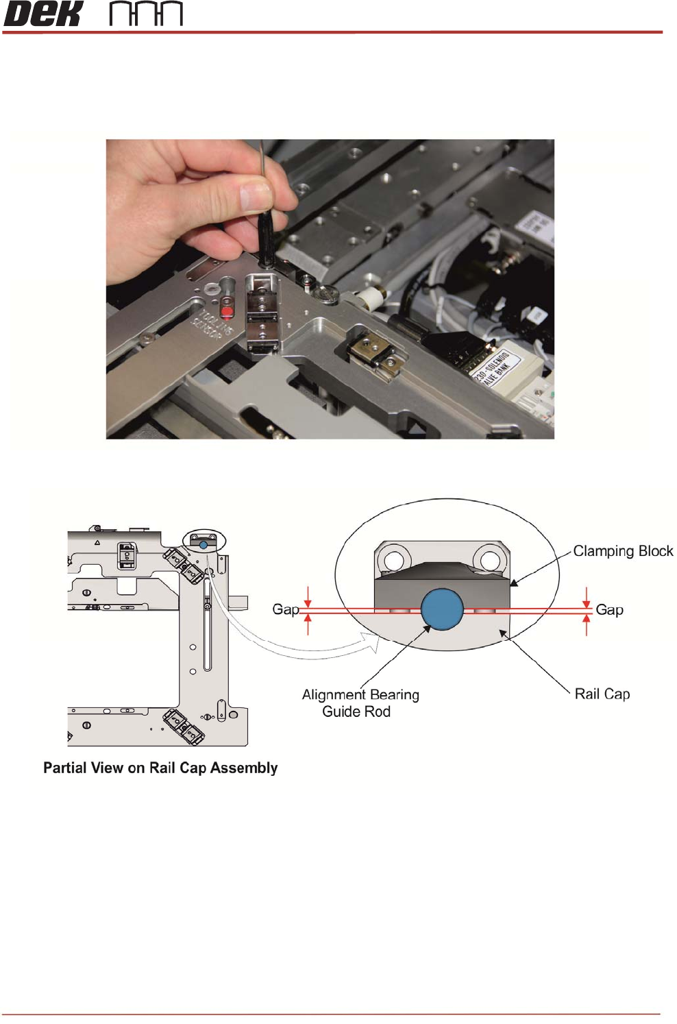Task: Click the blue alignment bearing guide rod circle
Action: (x=442, y=609)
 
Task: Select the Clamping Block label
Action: (x=622, y=551)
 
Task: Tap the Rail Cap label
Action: (x=602, y=694)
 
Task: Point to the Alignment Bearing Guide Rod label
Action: (x=360, y=703)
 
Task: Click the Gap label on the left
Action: (x=285, y=609)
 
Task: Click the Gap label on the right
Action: (x=609, y=609)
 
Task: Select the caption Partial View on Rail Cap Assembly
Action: (x=160, y=768)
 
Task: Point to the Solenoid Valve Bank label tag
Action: (x=491, y=367)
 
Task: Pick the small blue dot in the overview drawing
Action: (x=204, y=544)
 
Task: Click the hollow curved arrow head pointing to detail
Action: (x=372, y=642)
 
